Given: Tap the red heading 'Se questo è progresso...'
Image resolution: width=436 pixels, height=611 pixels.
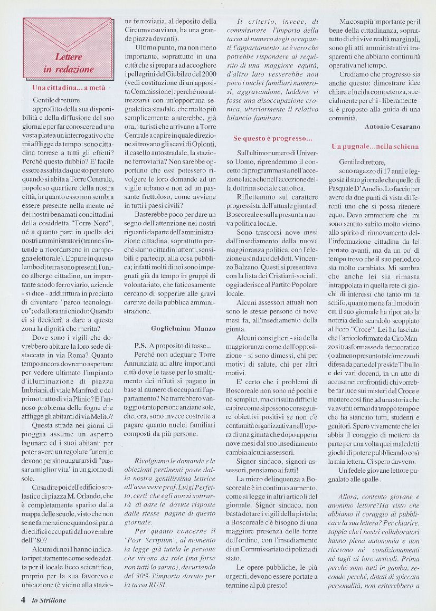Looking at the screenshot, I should click(272, 138).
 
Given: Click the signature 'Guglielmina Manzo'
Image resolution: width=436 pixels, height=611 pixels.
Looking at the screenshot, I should click(183, 328).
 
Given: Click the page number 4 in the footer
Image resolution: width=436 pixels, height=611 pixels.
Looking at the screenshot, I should click(23, 599).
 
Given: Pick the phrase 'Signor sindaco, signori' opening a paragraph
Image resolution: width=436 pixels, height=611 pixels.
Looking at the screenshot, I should click(264, 445).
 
